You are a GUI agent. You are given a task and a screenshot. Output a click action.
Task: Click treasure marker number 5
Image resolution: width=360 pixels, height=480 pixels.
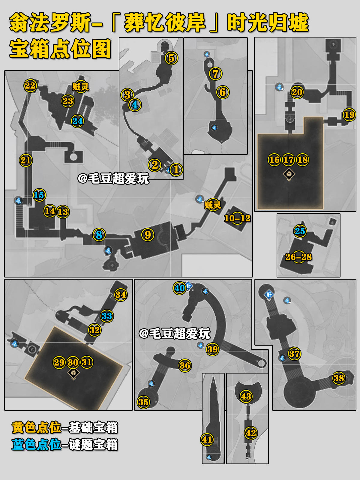tap(171, 58)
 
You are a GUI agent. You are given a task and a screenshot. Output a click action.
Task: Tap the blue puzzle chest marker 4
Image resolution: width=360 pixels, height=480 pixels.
tap(135, 105)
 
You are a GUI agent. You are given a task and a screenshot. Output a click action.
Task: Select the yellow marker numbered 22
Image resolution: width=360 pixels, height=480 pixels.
tap(30, 86)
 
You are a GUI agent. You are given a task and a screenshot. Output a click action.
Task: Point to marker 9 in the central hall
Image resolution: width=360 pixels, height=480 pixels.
tap(148, 235)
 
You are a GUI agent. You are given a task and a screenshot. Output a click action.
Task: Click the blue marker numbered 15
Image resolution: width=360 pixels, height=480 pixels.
tap(39, 195)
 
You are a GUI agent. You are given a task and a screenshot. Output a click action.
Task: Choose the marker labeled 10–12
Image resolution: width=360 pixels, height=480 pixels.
tap(237, 218)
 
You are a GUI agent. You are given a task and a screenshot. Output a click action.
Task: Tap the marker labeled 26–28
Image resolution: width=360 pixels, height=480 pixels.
tap(298, 257)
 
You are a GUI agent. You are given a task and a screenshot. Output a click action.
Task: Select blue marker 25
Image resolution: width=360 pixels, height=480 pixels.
tap(300, 231)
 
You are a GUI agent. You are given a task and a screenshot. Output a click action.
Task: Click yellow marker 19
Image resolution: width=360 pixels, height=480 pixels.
tap(349, 115)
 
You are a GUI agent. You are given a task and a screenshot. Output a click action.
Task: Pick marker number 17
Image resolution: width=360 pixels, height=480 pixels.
tap(288, 160)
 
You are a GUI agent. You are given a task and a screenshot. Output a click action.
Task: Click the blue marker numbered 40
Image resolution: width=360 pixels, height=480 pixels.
tap(179, 288)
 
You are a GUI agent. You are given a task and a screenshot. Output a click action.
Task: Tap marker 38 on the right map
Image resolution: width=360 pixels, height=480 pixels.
tap(339, 378)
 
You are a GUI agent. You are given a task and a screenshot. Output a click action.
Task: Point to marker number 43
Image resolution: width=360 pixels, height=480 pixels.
tap(246, 396)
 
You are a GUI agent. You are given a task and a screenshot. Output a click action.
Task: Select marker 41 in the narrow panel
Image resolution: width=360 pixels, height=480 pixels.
tap(207, 440)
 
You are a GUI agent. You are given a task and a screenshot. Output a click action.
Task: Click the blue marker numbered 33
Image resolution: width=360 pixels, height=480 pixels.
tap(106, 316)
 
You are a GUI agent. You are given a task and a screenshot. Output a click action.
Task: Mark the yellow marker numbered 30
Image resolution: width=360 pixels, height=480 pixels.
tap(73, 362)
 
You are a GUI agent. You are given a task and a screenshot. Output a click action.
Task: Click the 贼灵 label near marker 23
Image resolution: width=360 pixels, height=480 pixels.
tap(80, 87)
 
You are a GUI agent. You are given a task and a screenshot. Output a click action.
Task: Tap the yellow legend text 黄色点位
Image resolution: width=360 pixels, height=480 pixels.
tap(36, 427)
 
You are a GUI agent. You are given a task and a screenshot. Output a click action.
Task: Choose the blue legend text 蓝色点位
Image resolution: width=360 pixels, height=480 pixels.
tap(36, 445)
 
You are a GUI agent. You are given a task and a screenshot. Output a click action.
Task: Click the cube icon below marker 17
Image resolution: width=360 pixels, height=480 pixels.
tap(289, 174)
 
